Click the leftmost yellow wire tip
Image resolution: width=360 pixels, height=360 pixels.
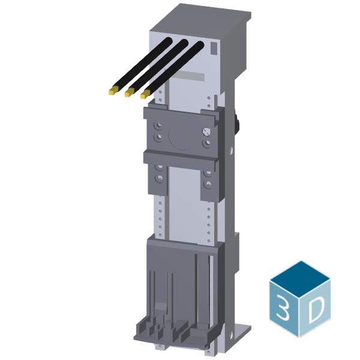111,92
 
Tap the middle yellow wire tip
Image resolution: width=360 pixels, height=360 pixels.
128,93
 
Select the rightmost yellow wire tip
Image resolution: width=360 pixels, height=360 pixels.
145,94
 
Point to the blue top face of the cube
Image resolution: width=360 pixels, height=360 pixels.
300,277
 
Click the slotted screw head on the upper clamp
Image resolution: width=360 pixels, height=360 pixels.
208,129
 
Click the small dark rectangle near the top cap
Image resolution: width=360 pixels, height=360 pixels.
214,47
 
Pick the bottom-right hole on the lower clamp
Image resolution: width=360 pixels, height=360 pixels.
208,183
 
